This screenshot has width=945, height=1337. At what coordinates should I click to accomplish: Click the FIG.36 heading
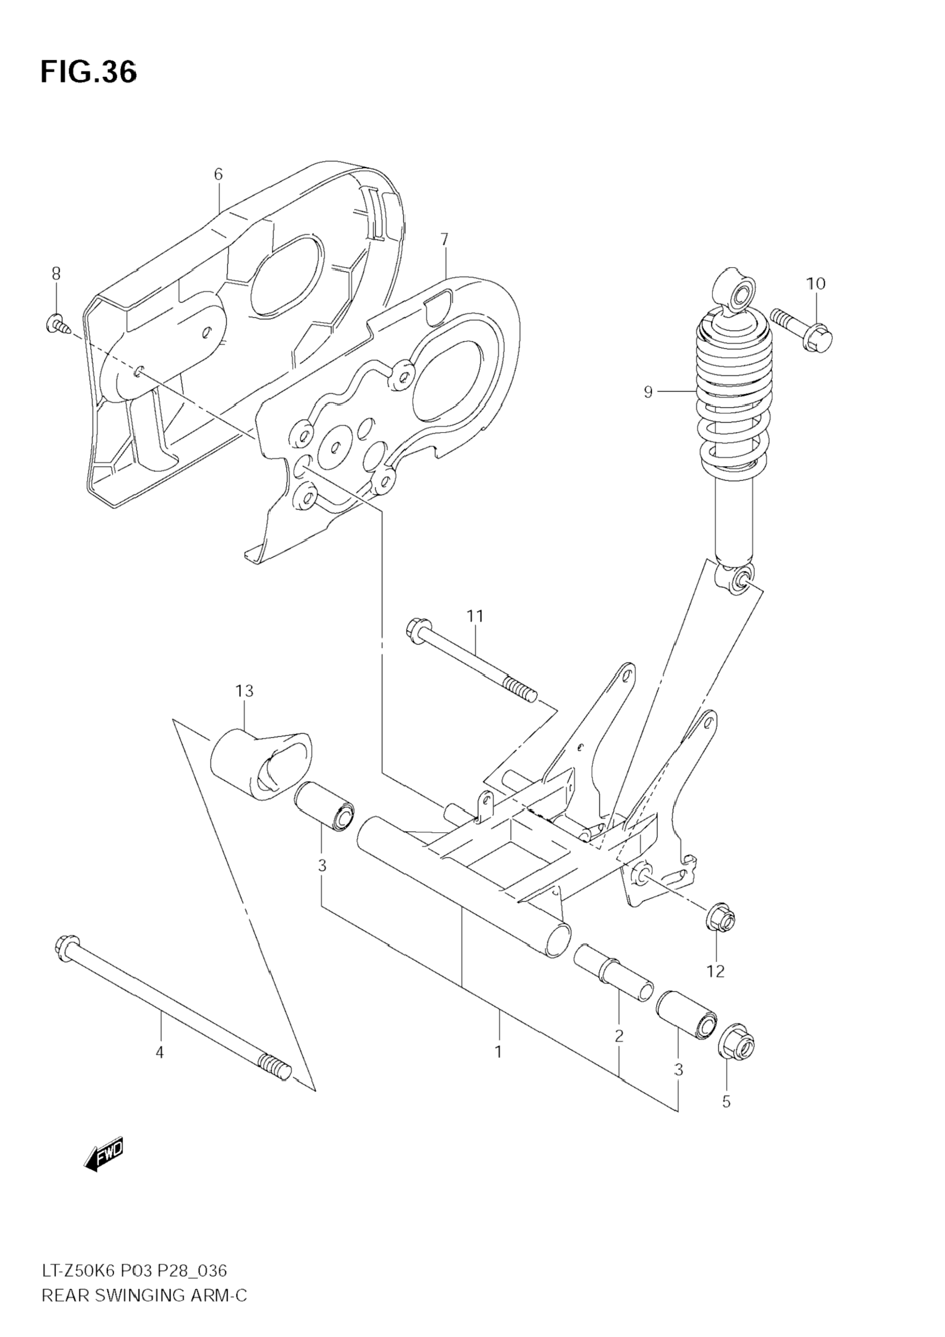pyautogui.click(x=89, y=72)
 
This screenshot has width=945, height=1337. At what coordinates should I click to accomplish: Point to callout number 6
pyautogui.click(x=218, y=173)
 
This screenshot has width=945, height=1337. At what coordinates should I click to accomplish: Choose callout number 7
pyautogui.click(x=445, y=239)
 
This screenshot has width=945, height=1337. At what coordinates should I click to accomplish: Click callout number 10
pyautogui.click(x=816, y=284)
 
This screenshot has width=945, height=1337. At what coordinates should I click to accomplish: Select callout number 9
pyautogui.click(x=649, y=392)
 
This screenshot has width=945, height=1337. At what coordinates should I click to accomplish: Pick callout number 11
pyautogui.click(x=474, y=615)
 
